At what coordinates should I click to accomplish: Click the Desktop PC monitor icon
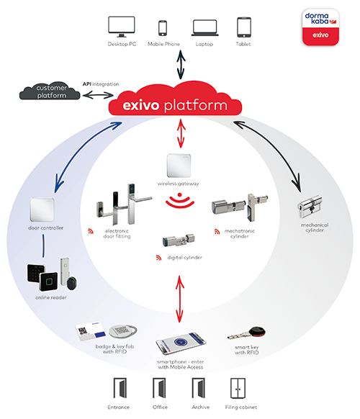tap(122, 27)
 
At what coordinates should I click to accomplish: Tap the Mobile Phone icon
tap(163, 28)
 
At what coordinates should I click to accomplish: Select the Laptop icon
tap(204, 28)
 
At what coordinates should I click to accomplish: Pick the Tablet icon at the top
tap(244, 27)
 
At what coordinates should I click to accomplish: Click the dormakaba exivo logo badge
tap(320, 27)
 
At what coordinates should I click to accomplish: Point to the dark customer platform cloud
tap(50, 91)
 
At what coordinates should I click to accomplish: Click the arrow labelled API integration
tap(98, 95)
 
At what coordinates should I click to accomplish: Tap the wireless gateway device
tap(179, 166)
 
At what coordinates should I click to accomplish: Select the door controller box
tap(42, 209)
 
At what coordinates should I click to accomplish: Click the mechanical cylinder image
tap(310, 206)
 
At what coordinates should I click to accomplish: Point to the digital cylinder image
tap(179, 240)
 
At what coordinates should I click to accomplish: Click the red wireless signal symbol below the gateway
tap(179, 201)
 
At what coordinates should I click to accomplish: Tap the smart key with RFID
tap(246, 333)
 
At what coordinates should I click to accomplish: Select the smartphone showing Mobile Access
tap(181, 343)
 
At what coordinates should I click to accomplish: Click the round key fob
tap(123, 331)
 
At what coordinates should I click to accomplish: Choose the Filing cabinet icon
tap(238, 388)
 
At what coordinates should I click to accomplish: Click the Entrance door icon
tap(120, 388)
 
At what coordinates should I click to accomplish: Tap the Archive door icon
tap(198, 388)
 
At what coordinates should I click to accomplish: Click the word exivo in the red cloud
tap(141, 105)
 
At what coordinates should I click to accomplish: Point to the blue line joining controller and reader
tap(43, 245)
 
